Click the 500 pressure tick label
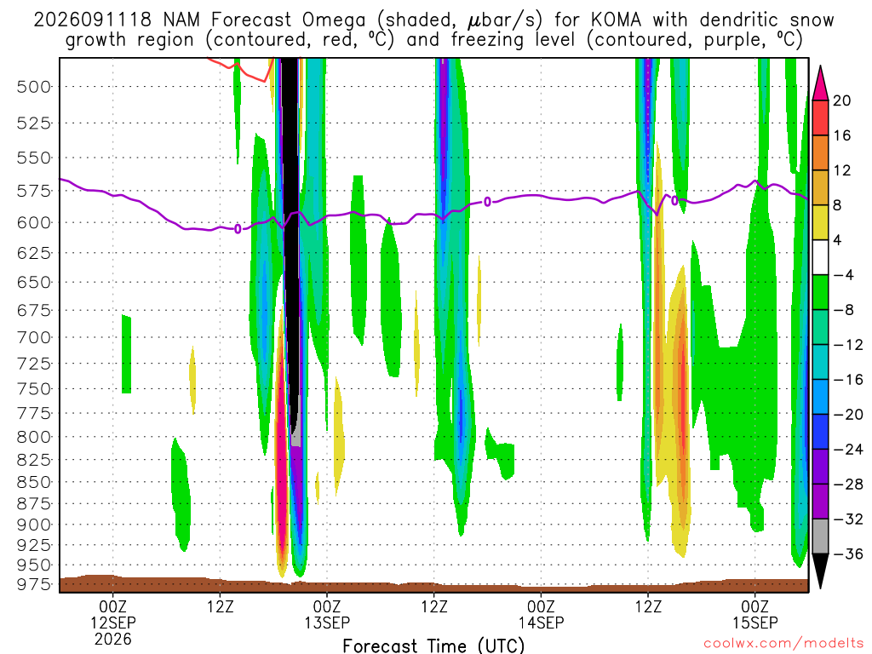point(34,87)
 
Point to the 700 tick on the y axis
point(34,337)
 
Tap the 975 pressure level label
point(34,584)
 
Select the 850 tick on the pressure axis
point(34,482)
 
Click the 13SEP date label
point(327,622)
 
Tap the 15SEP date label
point(755,622)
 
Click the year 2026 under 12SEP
point(113,639)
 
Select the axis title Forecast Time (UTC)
point(433,645)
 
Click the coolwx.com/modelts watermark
point(783,644)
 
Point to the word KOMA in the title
point(616,20)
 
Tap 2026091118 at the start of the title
point(92,20)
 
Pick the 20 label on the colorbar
point(841,100)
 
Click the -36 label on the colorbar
point(848,554)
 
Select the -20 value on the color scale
point(848,415)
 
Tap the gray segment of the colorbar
point(820,536)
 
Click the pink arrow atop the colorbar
point(820,83)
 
